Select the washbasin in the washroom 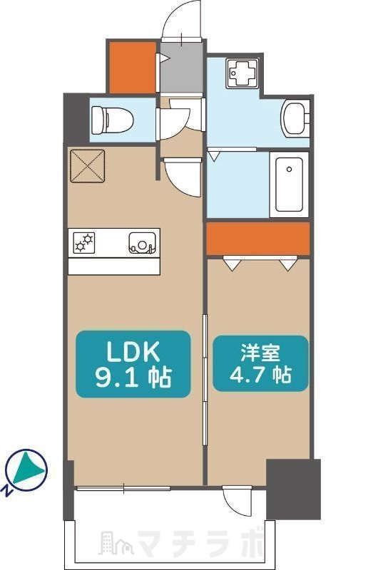point(295,118)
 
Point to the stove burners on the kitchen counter point(85,243)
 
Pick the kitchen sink point(143,244)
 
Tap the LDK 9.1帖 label point(133,363)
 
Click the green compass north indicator point(26,470)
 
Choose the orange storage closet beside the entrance point(132,68)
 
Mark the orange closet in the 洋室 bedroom point(258,239)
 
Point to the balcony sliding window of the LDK point(123,488)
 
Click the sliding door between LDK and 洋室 point(205,363)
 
